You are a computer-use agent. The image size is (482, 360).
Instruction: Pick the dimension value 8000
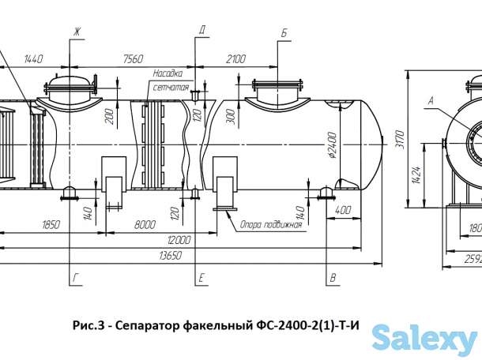(145, 224)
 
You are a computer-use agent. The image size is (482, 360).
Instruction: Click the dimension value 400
(342, 212)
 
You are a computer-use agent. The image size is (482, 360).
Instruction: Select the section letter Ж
(77, 32)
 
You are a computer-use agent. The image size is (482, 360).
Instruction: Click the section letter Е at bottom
(202, 279)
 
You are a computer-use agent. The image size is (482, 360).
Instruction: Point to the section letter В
(333, 279)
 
